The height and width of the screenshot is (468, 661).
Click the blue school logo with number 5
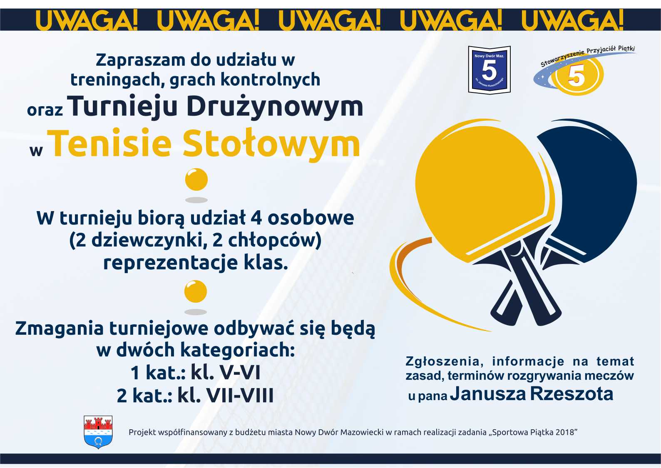[489, 70]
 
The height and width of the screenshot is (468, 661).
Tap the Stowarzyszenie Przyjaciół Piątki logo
[584, 70]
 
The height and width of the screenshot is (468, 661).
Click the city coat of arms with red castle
[98, 432]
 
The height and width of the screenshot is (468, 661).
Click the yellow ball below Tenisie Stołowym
[196, 179]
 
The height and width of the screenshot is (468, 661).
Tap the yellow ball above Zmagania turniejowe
[195, 291]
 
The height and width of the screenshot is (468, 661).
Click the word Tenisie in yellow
[111, 144]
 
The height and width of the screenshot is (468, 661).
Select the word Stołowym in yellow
[271, 144]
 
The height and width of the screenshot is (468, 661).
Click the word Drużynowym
[275, 107]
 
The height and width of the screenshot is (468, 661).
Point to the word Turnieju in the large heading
[122, 107]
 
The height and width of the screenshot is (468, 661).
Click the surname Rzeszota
[572, 393]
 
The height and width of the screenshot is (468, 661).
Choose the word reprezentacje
[171, 262]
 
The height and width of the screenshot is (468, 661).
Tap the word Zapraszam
[141, 60]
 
